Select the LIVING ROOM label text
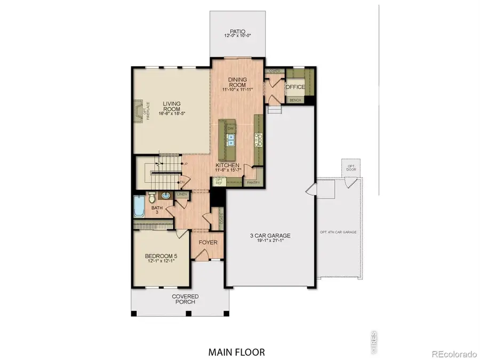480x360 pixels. [x=172, y=106]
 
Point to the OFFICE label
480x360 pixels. [x=295, y=87]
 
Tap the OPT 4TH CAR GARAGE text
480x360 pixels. [x=338, y=233]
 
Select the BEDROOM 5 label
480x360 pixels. [x=161, y=259]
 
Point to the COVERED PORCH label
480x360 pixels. [x=185, y=299]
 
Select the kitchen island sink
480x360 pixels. [x=231, y=140]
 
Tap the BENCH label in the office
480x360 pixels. [x=294, y=100]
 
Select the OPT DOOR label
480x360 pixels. [x=351, y=169]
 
